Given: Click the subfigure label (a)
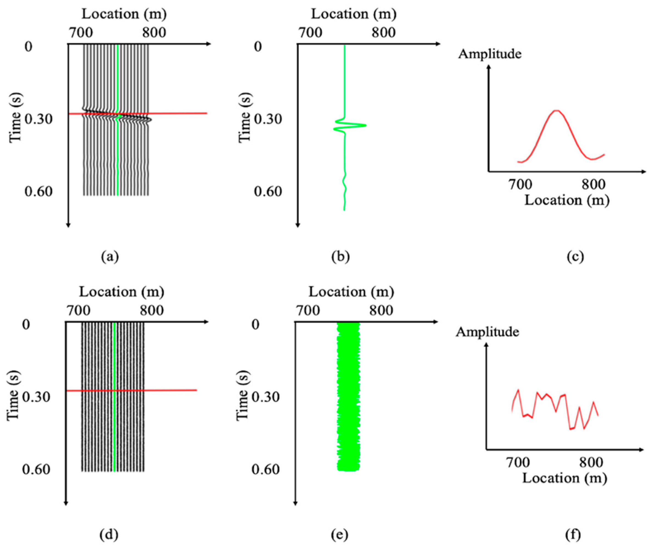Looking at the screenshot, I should (110, 257).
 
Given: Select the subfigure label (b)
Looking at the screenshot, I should (341, 257).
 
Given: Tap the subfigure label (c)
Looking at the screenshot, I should (575, 257).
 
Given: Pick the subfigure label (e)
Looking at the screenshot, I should (339, 534).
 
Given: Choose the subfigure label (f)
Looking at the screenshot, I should (573, 534).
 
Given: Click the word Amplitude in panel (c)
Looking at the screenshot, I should (489, 54).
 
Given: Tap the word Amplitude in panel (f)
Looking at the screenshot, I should (487, 332).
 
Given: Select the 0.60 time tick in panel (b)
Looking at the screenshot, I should (268, 191).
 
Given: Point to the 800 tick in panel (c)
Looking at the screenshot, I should (594, 184).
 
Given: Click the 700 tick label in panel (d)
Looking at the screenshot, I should (78, 310).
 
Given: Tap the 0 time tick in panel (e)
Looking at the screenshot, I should (255, 324).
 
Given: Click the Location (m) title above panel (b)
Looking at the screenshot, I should (353, 14).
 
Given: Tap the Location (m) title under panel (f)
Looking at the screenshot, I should (564, 478).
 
